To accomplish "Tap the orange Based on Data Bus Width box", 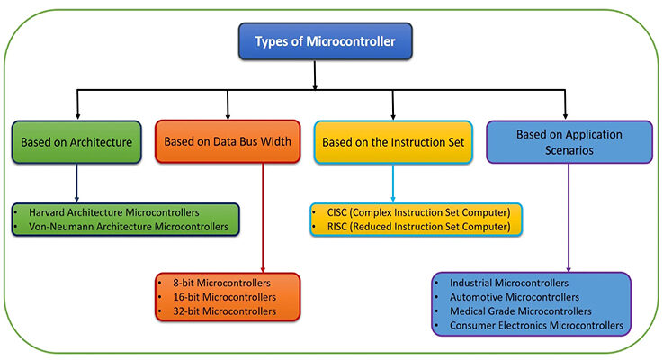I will coord(229,142).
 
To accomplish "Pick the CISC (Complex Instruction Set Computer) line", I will coord(415,212).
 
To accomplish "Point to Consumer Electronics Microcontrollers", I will coord(536,325).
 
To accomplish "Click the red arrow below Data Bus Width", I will coord(262,216).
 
